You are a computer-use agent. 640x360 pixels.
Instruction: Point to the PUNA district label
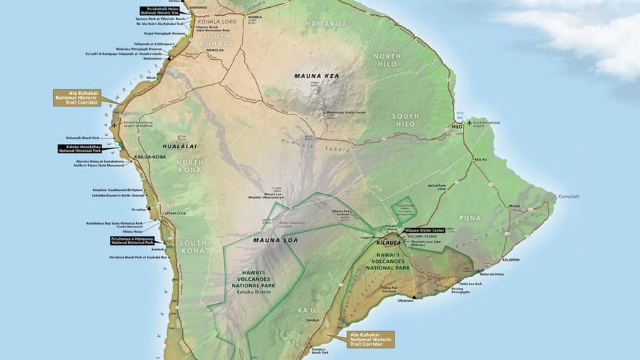pyautogui.click(x=469, y=217)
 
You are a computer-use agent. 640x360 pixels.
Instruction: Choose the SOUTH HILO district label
pyautogui.click(x=405, y=120)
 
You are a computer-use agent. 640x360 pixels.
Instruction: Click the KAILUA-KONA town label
pyautogui.click(x=150, y=156)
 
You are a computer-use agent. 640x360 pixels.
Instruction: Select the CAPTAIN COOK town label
pyautogui.click(x=173, y=213)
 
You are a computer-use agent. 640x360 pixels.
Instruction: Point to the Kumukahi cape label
pyautogui.click(x=567, y=196)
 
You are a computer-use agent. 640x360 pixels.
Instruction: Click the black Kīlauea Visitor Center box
pyautogui.click(x=425, y=230)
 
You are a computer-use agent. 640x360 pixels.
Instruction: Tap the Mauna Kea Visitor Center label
pyautogui.click(x=346, y=113)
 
